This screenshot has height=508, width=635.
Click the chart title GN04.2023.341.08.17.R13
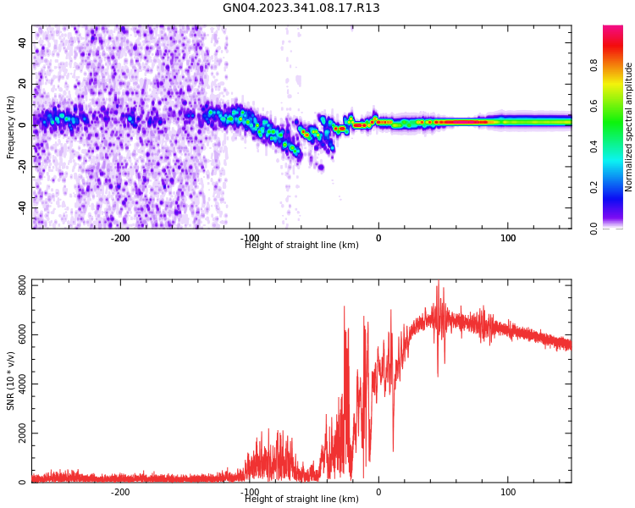coord(301,8)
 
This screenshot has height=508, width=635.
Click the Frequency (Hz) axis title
coord(11,127)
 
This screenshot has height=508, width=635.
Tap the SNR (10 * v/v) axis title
coord(11,381)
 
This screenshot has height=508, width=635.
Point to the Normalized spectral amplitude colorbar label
coord(629,127)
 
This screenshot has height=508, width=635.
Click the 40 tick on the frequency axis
coord(23,42)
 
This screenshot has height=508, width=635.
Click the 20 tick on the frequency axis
coord(23,84)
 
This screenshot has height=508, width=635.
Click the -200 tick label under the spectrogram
coord(120,238)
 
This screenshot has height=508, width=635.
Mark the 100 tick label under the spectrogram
coord(508,238)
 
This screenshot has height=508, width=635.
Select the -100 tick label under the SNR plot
coord(249,492)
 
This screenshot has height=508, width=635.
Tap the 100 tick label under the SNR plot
coord(508,492)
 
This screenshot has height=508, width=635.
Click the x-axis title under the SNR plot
coord(301,500)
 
